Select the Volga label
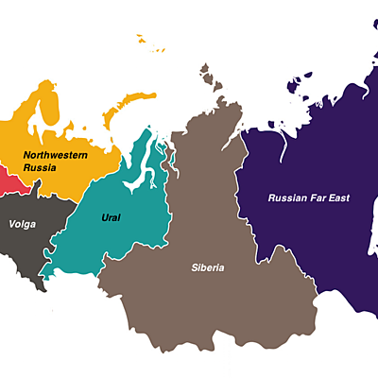(x=22, y=224)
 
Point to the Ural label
(x=111, y=217)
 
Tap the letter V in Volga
(x=11, y=224)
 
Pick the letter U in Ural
(x=103, y=217)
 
